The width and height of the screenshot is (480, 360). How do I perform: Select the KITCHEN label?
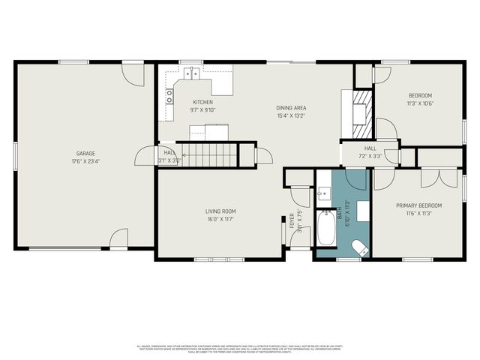[202, 102]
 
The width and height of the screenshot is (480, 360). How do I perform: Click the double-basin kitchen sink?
[192, 73]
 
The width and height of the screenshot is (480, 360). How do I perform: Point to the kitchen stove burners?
[169, 95]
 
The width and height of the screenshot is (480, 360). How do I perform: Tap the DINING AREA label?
[291, 108]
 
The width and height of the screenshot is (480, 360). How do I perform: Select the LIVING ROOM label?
[221, 211]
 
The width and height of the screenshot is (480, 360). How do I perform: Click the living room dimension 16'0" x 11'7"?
[221, 219]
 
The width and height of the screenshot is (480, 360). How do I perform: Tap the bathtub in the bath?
[327, 230]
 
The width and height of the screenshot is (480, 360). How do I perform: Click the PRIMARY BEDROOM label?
[418, 205]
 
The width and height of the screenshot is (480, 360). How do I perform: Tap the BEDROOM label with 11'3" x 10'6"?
[420, 95]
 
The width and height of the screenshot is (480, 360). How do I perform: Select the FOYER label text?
[292, 220]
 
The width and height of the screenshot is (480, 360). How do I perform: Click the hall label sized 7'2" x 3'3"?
[370, 148]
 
